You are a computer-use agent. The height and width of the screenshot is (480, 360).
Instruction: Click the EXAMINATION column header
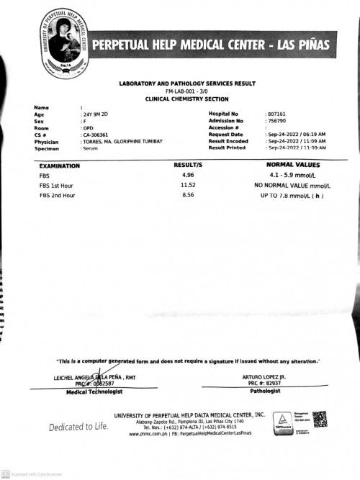[60, 166]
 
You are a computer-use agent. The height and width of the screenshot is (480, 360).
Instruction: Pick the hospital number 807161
[276, 114]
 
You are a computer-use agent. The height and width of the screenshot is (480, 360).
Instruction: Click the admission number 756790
[276, 121]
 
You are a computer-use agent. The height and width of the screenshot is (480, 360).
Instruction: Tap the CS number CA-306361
[96, 135]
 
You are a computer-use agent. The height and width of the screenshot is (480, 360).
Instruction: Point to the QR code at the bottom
[320, 420]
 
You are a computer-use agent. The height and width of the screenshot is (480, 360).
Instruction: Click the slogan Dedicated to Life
[78, 427]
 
